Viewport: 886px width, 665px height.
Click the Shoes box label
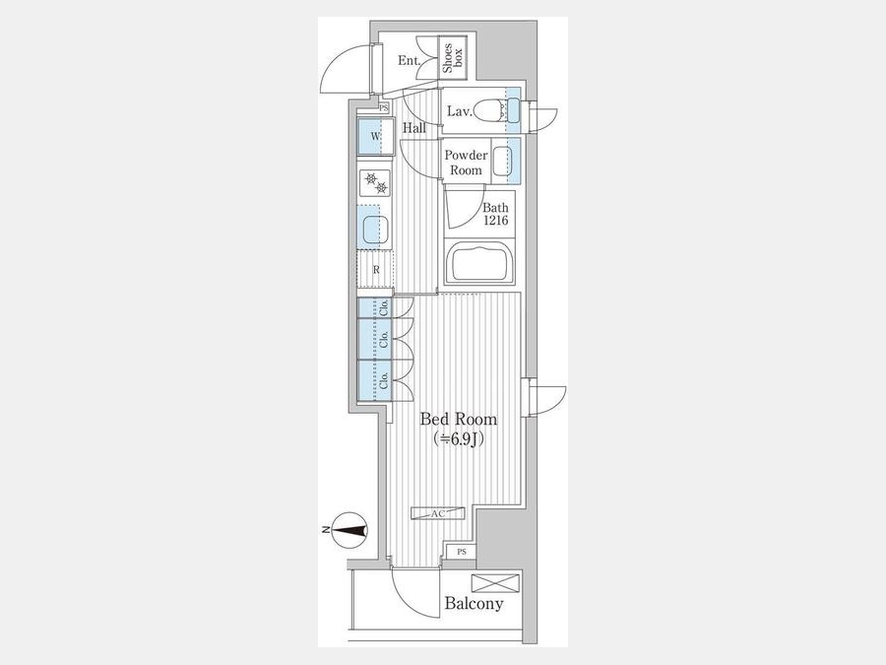tap(453, 58)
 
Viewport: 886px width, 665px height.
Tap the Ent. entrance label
tap(409, 60)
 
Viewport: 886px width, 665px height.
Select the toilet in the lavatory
tap(486, 109)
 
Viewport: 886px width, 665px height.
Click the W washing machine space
tap(376, 136)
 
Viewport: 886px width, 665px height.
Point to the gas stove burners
tap(376, 183)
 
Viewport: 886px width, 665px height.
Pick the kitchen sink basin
tap(376, 229)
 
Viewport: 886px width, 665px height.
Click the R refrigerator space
tap(376, 270)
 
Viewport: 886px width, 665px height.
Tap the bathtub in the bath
tap(479, 262)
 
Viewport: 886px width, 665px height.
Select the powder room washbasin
tap(502, 162)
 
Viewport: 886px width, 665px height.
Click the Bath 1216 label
tap(495, 215)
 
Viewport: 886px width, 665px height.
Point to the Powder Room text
tap(466, 163)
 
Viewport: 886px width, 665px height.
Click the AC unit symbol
tap(438, 513)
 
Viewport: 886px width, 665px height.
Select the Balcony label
tap(474, 603)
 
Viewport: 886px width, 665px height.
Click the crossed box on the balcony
tap(495, 583)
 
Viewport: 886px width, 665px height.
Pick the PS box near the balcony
tap(462, 552)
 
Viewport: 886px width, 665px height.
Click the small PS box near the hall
tap(384, 107)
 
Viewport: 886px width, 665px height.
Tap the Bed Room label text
tap(459, 419)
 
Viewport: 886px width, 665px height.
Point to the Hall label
tap(414, 128)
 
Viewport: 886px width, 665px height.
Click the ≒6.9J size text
tap(458, 438)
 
